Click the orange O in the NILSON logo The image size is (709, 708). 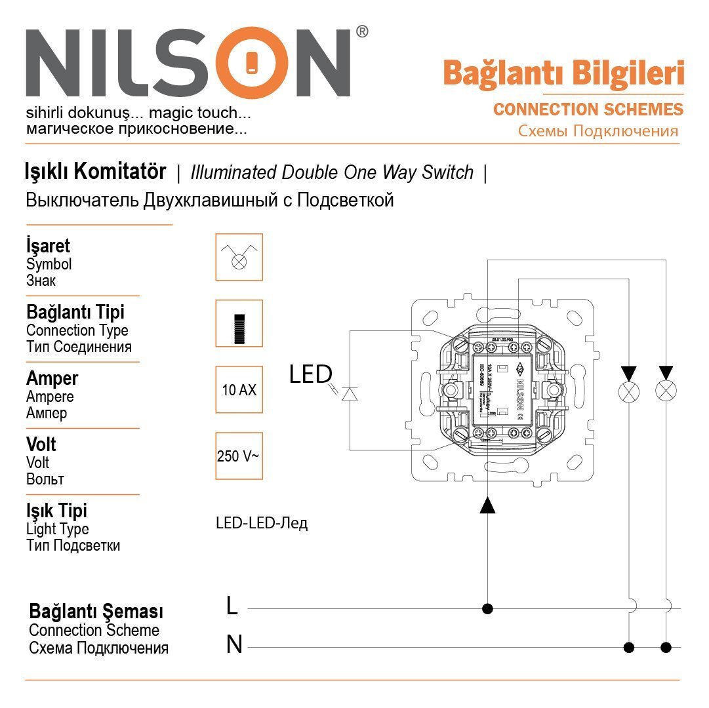tap(253, 64)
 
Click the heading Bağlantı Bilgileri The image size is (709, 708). tap(563, 73)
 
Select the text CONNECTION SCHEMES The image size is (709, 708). tap(588, 109)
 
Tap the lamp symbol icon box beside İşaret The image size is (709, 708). tap(239, 257)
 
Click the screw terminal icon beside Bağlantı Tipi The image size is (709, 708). tap(239, 323)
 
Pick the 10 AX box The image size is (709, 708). tap(239, 389)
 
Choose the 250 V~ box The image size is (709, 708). tap(239, 456)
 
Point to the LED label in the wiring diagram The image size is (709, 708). tap(310, 374)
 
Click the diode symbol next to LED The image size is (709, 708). tap(350, 393)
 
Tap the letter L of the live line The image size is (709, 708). tap(232, 606)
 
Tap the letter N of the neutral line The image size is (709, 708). tap(234, 645)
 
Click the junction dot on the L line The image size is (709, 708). tap(487, 608)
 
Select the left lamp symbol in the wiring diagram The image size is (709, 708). tap(630, 392)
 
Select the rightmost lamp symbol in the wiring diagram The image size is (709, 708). tap(666, 392)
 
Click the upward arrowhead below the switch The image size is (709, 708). tap(487, 505)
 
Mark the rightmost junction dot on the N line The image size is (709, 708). tap(666, 648)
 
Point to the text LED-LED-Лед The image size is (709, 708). tap(261, 523)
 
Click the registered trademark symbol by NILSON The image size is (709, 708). tap(361, 32)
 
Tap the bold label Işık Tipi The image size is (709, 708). tap(56, 511)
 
